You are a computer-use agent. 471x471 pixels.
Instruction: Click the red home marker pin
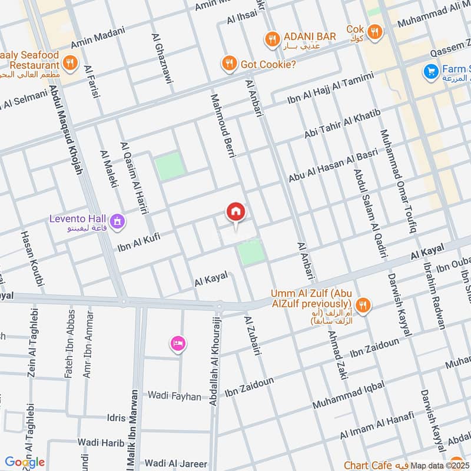235,212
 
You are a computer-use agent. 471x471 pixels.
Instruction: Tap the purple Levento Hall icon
118,221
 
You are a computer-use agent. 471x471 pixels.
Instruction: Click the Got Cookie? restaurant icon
228,64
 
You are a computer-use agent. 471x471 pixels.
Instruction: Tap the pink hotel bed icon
177,343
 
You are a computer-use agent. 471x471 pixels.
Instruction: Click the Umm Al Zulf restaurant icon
364,304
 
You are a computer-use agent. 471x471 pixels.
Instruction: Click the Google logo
25,462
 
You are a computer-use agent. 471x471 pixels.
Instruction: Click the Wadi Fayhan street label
174,396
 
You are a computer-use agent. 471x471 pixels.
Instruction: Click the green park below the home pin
251,253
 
